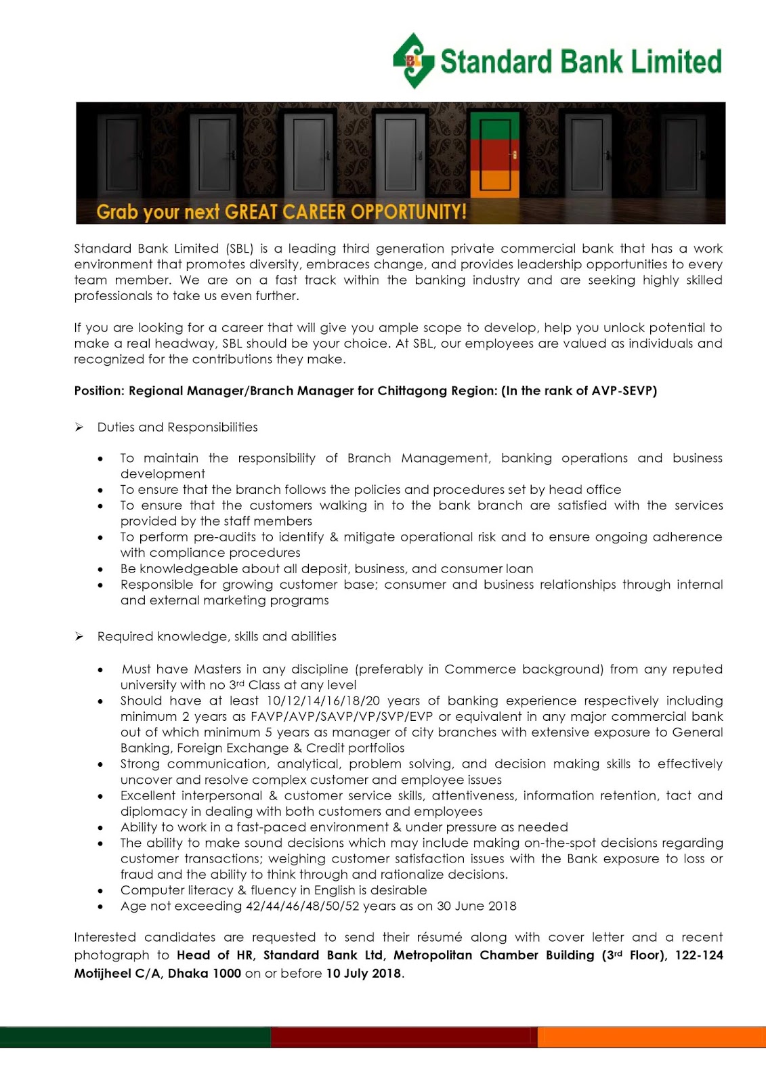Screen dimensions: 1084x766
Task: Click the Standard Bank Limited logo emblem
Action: (413, 60)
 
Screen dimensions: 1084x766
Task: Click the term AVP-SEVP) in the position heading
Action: (624, 391)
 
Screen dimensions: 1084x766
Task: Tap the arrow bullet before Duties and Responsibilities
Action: (79, 428)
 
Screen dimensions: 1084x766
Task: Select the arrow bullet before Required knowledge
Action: (79, 637)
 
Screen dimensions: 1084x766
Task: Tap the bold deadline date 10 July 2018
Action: (364, 974)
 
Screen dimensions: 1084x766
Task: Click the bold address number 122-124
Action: (699, 955)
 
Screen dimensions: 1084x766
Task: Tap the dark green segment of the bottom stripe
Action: (135, 1037)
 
